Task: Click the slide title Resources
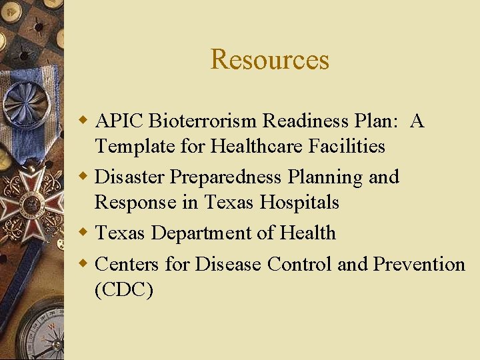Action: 269,59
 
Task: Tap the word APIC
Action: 120,121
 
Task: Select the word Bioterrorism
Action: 203,121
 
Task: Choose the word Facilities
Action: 347,146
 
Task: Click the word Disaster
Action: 130,177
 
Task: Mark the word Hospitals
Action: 300,202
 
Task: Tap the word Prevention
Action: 419,265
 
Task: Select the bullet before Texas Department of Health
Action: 84,233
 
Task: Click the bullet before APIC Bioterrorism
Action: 84,121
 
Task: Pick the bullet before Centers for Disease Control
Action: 84,265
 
